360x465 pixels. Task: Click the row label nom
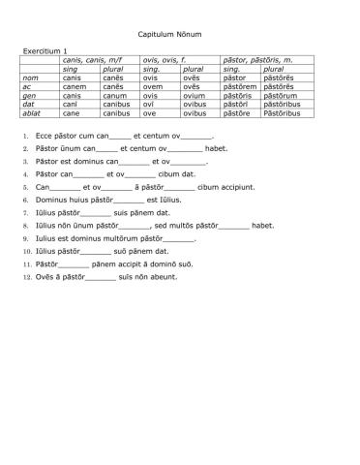click(x=31, y=77)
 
